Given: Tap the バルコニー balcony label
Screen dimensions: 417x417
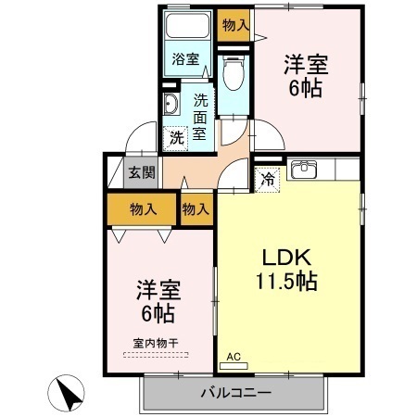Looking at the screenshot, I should (x=235, y=393).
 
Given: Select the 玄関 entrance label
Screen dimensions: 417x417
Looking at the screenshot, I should (x=141, y=171).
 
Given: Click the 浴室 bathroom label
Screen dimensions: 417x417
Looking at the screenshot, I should (x=184, y=60).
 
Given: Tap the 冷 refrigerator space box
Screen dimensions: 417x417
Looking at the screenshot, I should (x=267, y=178).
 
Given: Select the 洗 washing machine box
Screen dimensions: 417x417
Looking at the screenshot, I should (x=177, y=138).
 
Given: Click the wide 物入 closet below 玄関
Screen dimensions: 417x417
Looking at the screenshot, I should (x=143, y=209).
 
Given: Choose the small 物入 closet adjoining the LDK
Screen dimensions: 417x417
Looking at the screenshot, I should (x=195, y=209).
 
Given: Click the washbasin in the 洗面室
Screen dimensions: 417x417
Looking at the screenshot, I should (x=171, y=102).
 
